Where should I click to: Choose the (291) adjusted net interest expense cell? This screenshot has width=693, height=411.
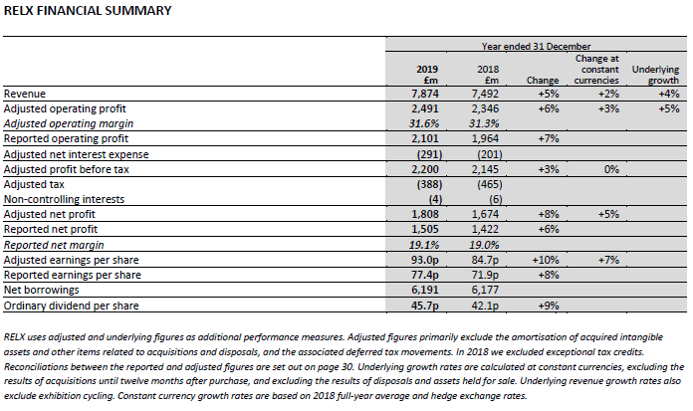425,154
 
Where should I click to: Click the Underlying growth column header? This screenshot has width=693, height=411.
656,75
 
